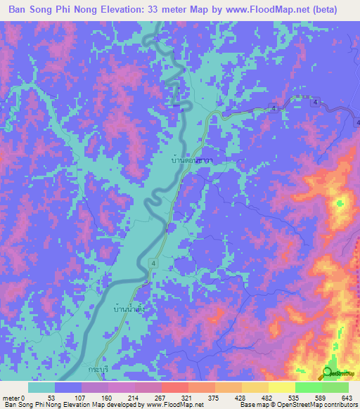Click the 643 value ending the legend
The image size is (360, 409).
[x=347, y=398]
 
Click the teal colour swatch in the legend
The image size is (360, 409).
[x=41, y=387]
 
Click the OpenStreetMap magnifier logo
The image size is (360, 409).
[x=328, y=374]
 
